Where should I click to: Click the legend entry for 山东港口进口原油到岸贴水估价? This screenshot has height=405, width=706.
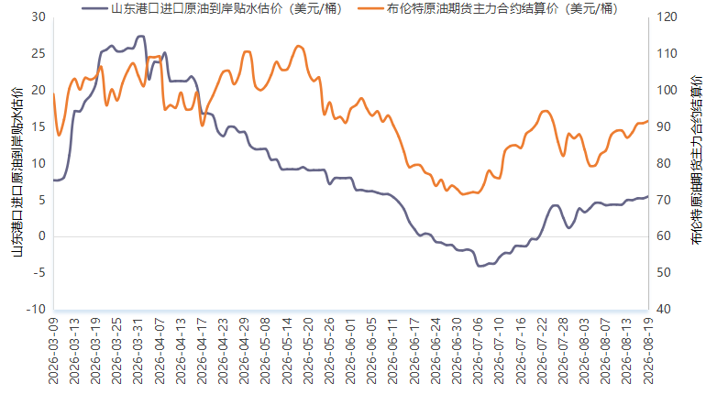click(213, 8)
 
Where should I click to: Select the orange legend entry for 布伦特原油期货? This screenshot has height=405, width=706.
click(489, 8)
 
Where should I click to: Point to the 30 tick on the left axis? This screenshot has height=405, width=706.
click(39, 17)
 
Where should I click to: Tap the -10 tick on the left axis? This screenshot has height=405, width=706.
click(36, 309)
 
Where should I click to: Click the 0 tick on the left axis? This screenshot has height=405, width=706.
click(42, 236)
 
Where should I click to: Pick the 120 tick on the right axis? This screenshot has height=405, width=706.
click(667, 17)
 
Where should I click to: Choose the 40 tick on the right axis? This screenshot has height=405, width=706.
click(664, 309)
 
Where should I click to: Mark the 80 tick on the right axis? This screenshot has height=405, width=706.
click(664, 163)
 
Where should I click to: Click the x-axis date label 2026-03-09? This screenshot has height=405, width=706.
click(53, 351)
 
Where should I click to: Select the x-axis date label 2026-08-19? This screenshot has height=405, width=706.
click(648, 351)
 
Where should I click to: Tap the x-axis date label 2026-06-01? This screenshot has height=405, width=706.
click(351, 351)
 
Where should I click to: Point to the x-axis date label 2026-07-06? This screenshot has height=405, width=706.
click(479, 351)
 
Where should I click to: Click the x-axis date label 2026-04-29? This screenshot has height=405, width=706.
click(245, 351)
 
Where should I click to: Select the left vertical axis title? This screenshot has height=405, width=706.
click(17, 172)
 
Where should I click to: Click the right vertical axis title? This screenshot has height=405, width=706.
click(696, 160)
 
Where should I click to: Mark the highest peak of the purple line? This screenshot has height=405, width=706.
click(140, 36)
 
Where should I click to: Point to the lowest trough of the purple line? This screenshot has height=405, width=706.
click(479, 266)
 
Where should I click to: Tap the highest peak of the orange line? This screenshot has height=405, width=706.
click(299, 46)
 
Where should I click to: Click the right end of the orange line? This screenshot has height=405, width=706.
click(648, 121)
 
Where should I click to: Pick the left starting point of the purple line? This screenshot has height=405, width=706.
click(54, 180)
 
